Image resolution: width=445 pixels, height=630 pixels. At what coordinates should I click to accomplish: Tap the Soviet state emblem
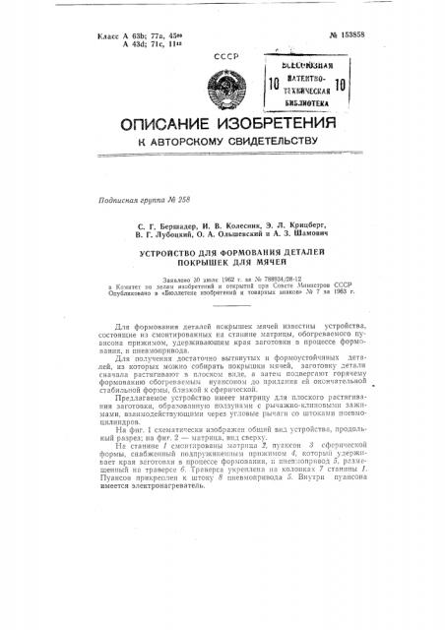click(204, 85)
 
